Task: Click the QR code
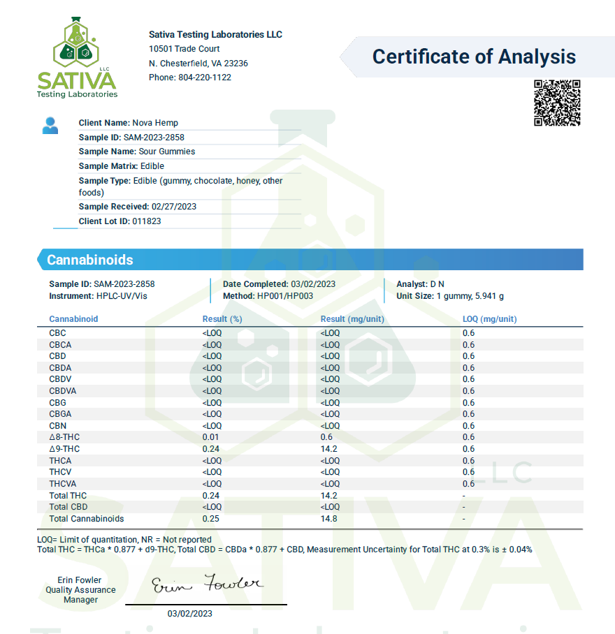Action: (557, 103)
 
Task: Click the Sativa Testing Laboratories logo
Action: (78, 59)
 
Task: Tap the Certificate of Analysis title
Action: (474, 57)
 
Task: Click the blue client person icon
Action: (50, 126)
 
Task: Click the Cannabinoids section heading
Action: (89, 260)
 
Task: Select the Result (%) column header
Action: (222, 319)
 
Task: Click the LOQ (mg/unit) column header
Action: (489, 319)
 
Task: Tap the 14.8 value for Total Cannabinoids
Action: (329, 519)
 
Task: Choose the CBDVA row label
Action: (63, 391)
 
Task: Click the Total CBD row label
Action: (68, 507)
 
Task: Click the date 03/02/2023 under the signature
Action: (190, 614)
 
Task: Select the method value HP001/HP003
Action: (285, 296)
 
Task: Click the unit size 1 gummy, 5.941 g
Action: (470, 296)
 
